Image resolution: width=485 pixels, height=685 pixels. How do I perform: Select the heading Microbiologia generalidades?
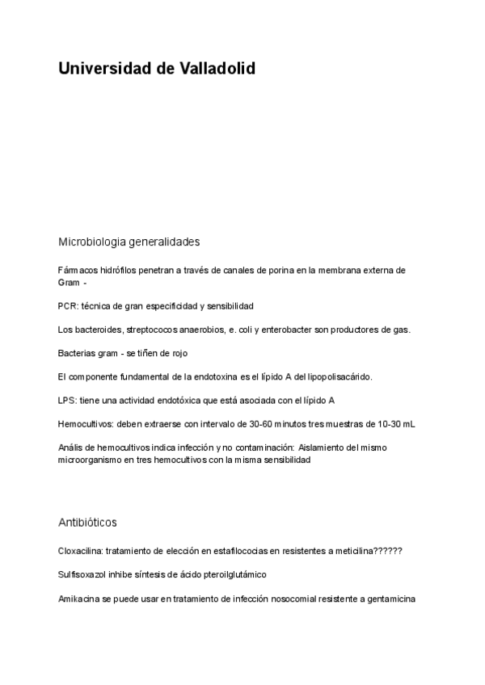[129, 242]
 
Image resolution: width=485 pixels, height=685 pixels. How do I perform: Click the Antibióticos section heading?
[87, 523]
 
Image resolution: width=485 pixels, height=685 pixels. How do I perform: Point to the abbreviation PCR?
[67, 306]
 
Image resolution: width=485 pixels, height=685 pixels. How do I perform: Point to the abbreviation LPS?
[66, 400]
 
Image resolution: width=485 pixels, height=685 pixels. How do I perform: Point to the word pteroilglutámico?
[229, 574]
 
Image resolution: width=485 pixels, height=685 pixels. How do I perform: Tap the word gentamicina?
[391, 599]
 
